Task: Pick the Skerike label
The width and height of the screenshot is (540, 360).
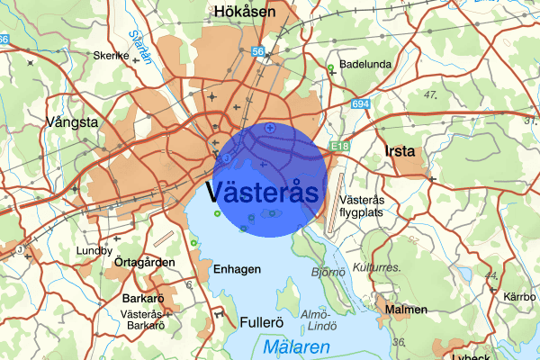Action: tap(112, 55)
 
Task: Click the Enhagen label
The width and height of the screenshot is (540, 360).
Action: tap(238, 269)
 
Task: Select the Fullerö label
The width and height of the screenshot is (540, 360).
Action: tap(263, 321)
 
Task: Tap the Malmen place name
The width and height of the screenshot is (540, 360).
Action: tap(405, 310)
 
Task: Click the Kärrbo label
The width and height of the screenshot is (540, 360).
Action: tap(519, 296)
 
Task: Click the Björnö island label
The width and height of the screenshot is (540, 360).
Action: tap(328, 270)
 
